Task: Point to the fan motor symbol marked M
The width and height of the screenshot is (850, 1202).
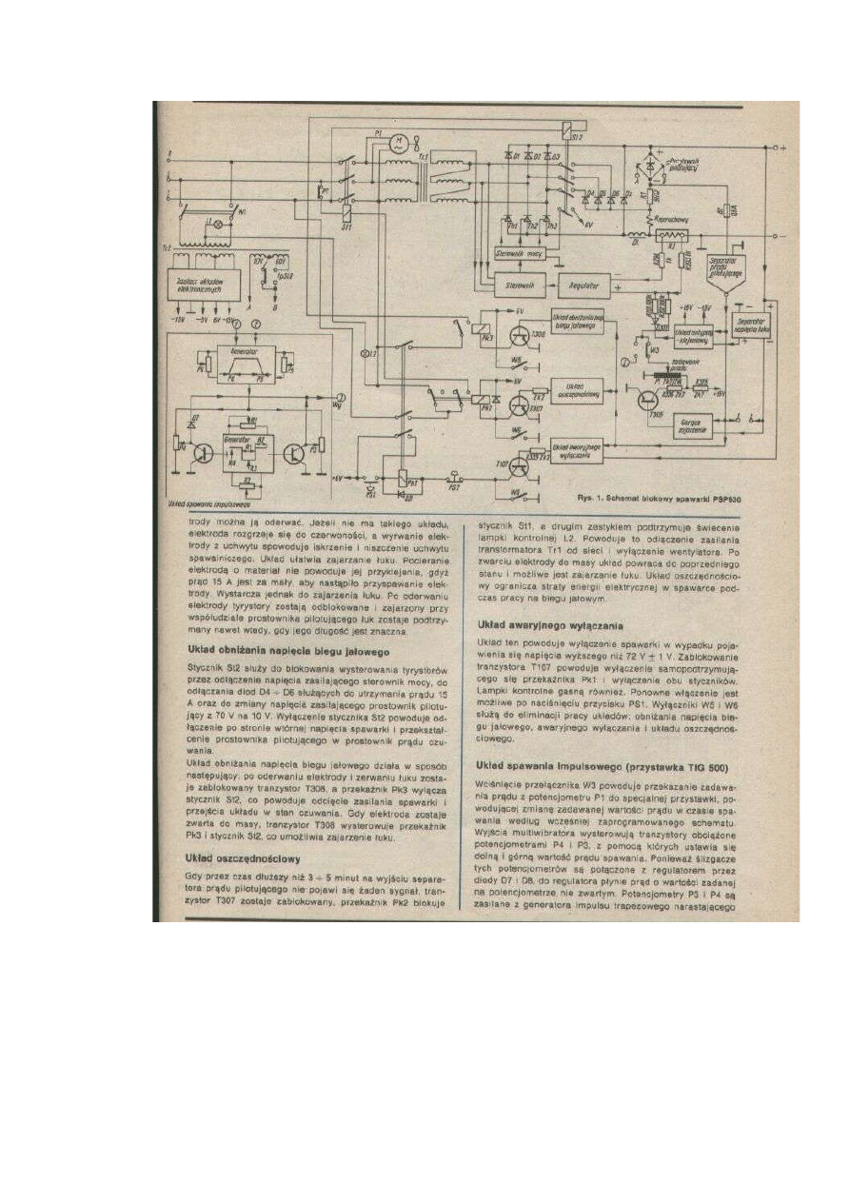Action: pyautogui.click(x=401, y=144)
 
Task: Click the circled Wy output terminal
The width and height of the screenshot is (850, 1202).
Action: pyautogui.click(x=341, y=397)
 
